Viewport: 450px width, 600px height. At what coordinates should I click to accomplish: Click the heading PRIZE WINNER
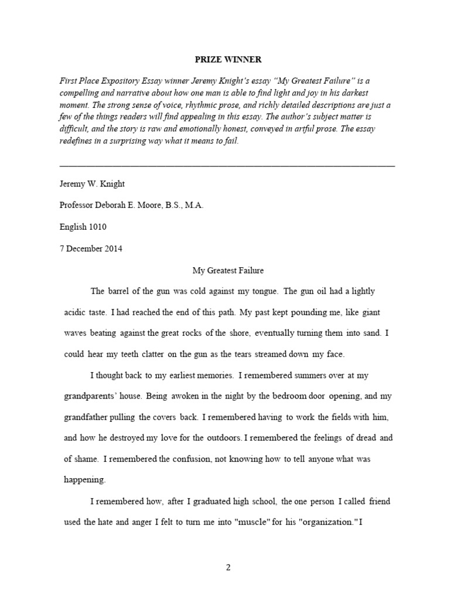(229, 60)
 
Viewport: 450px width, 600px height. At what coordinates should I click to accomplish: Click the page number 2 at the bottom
(229, 567)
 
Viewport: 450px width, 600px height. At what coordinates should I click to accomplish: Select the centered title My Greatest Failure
(229, 270)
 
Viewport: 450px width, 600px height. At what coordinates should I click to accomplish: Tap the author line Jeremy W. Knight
(93, 183)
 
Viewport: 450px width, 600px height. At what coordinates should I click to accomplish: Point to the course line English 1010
(83, 227)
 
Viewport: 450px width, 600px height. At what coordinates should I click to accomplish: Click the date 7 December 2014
(91, 248)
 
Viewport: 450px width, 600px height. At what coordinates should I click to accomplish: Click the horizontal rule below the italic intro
(227, 166)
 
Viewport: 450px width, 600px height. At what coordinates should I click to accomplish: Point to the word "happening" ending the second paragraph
(84, 480)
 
